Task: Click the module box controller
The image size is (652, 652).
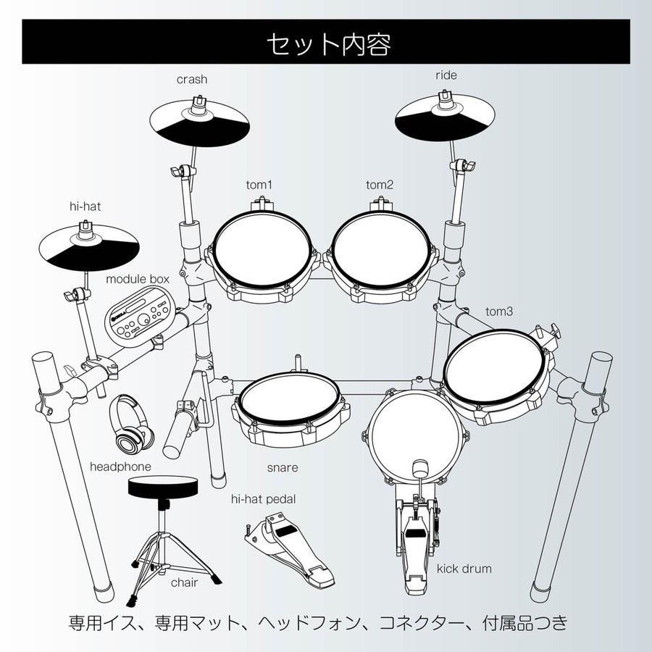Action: pos(142,314)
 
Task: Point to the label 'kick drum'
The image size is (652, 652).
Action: pos(464,568)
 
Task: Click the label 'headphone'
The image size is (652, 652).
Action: pos(121,467)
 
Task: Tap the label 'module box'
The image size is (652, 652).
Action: pos(138,278)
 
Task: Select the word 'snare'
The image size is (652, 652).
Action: pos(282,467)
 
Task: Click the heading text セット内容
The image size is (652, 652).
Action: pos(328,44)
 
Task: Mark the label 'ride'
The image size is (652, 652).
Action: pos(446,75)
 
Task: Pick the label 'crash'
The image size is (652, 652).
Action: pos(192,80)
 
